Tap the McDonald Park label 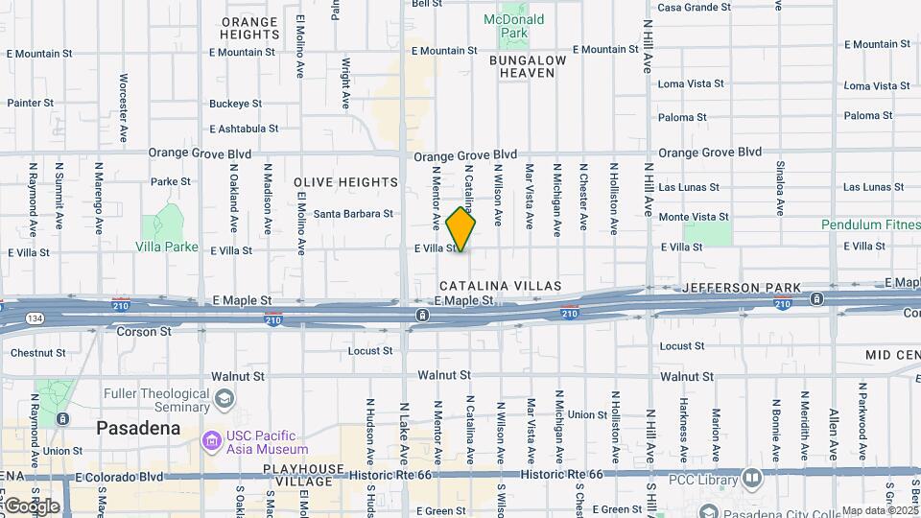coord(513,26)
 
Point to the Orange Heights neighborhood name coord(249,28)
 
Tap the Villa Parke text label coord(167,247)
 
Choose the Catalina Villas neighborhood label coord(494,286)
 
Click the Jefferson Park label coord(742,287)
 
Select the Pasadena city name coord(138,428)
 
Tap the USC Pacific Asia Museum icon coord(211,440)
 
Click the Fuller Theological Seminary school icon coord(224,397)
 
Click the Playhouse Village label coord(304,476)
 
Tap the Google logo coord(32,506)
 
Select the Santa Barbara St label coord(354,214)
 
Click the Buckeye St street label coord(235,104)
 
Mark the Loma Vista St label coord(697,84)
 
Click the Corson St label coord(143,332)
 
